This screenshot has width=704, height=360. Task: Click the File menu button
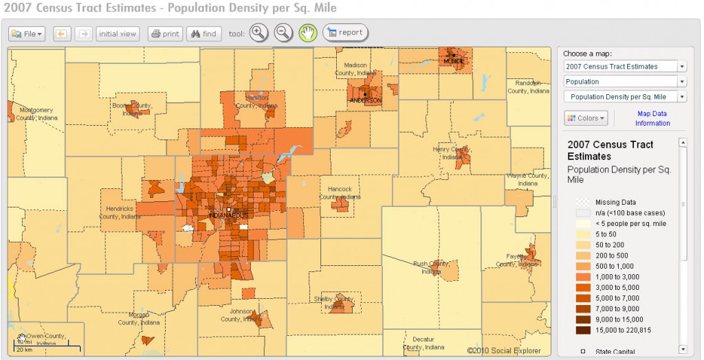[x=27, y=34]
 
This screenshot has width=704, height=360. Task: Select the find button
[x=203, y=34]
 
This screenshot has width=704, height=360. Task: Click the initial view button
[x=118, y=34]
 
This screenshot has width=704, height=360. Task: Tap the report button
[x=345, y=32]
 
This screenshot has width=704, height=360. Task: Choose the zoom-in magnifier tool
[x=258, y=32]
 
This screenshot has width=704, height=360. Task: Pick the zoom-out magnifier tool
[x=283, y=32]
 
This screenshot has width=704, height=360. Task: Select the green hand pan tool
[x=307, y=32]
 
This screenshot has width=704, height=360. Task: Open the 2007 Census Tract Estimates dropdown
[x=624, y=67]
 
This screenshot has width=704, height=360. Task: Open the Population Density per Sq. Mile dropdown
[x=624, y=97]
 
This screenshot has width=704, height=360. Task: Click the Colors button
[x=584, y=118]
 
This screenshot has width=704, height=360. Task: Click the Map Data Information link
[x=652, y=118]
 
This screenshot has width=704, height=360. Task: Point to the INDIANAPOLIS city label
[x=228, y=216]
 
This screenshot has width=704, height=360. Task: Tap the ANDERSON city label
[x=366, y=100]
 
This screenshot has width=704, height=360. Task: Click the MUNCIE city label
[x=454, y=61]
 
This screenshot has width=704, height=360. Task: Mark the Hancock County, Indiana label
[x=340, y=192]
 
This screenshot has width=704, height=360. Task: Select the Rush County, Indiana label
[x=432, y=267]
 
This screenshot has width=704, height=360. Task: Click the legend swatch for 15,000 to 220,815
[x=582, y=330]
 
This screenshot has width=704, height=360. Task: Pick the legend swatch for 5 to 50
[x=582, y=234]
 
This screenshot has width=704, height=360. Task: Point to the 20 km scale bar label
[x=24, y=350]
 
